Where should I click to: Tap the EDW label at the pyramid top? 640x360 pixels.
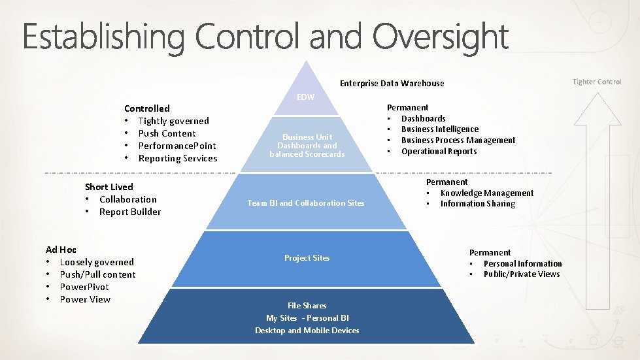point(305,97)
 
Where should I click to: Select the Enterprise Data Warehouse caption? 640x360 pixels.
point(392,83)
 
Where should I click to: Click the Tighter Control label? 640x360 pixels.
point(597,82)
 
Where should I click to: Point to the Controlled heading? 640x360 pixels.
point(146,108)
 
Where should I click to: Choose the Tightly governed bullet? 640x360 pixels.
point(173,121)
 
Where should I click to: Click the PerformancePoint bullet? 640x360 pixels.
point(177,146)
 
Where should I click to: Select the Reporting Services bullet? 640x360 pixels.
point(177,158)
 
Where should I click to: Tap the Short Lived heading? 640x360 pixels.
point(109,187)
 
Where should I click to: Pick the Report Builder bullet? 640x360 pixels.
point(129,212)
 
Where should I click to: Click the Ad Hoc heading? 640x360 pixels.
point(61,250)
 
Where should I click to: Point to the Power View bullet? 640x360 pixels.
point(85,299)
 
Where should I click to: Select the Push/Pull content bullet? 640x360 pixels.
point(97,274)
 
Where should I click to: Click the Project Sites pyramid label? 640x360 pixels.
point(307,258)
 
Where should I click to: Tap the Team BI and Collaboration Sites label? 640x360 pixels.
point(305,203)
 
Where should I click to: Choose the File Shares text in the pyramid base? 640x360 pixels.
point(307,306)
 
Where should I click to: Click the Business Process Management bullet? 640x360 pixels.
point(458,140)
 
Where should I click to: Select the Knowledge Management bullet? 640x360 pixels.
point(486,193)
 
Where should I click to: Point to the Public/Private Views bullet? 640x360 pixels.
point(521,274)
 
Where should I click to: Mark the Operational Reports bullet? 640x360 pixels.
point(439,152)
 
